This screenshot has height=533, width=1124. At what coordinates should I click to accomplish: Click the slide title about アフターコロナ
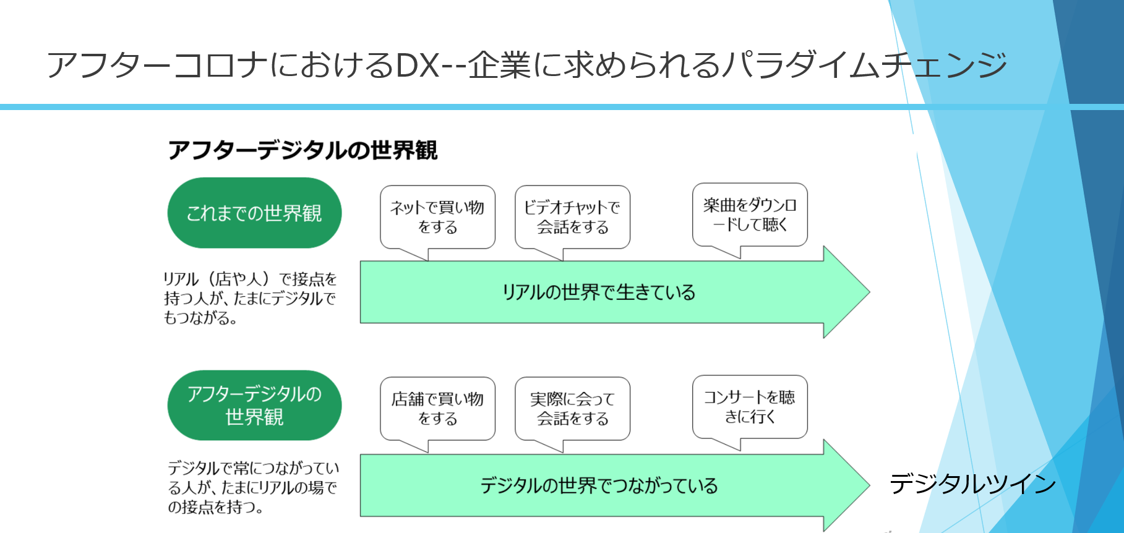pos(527,65)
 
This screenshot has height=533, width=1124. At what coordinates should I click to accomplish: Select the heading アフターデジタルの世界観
pos(302,150)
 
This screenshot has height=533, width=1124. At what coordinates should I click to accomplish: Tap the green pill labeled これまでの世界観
pos(254,213)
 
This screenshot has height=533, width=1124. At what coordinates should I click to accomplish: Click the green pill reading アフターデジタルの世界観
pos(254,405)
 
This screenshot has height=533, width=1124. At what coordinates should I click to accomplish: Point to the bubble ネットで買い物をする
pos(437,217)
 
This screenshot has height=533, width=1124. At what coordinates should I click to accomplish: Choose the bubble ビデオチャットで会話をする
pos(572,217)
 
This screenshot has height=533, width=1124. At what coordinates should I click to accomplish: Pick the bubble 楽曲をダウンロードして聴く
pos(750,215)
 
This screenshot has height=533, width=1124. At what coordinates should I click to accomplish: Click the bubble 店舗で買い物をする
pos(437,409)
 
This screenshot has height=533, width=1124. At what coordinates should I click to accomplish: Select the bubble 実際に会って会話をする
pos(572,409)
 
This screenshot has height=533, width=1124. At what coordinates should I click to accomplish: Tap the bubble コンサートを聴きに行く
pos(750,407)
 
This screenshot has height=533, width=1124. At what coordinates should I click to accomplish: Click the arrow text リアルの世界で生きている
pos(599,292)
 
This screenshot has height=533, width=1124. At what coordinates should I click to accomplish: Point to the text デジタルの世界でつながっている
pos(599,485)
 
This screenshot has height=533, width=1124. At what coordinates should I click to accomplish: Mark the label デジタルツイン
pos(972,484)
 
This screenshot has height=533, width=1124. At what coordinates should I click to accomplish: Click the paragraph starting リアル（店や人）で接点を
pos(250,299)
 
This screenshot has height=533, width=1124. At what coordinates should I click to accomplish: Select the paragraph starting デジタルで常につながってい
pos(254,487)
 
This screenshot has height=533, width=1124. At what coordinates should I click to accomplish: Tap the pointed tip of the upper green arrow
pos(869,292)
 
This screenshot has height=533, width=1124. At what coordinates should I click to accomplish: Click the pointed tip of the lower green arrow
pos(869,485)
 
